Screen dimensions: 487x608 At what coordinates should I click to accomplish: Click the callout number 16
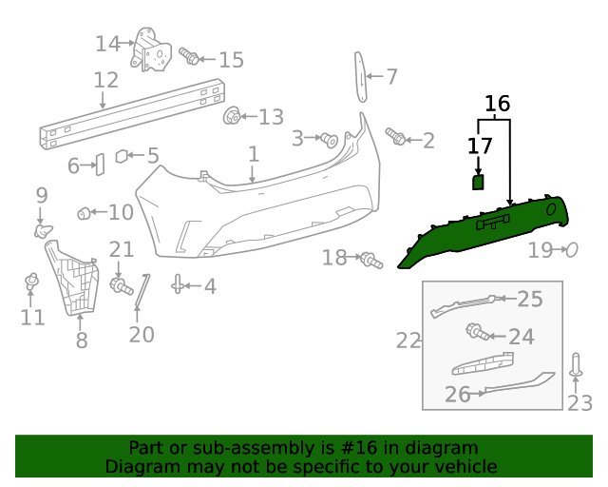497,103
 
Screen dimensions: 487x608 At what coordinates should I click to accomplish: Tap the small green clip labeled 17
479,182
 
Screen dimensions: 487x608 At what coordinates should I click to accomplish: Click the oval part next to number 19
572,250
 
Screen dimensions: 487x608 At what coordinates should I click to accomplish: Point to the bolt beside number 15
189,59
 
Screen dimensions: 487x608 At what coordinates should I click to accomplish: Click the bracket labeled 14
150,49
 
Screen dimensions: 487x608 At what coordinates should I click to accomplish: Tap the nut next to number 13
230,117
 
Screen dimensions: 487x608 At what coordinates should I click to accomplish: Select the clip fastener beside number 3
330,140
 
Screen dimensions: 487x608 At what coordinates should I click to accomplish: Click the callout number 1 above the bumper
253,154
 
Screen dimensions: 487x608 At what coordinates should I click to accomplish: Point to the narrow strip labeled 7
361,76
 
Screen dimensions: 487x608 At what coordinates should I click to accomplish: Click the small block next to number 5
123,156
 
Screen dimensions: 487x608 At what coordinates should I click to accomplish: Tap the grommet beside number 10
84,212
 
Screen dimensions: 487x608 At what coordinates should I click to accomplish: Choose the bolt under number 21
121,284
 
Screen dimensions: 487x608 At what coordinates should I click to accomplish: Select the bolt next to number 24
476,332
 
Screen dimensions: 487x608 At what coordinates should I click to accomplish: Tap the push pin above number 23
576,365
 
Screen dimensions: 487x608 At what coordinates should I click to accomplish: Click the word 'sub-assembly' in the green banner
249,447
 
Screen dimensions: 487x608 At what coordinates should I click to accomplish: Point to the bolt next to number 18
370,259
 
